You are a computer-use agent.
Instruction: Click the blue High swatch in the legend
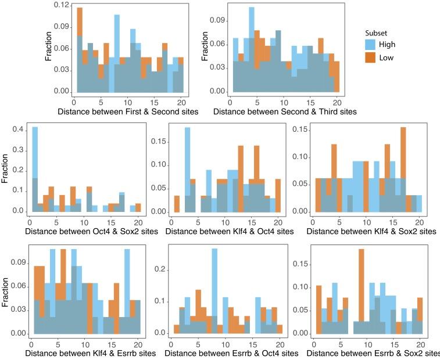[370, 44]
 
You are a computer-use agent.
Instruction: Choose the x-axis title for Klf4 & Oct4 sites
[228, 231]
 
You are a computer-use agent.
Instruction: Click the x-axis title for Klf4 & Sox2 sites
[371, 231]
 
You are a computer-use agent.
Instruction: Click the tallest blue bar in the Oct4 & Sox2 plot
[35, 168]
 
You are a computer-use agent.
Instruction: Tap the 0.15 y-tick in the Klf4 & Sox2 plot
[300, 129]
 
